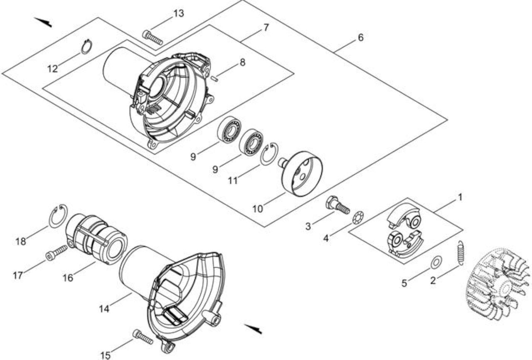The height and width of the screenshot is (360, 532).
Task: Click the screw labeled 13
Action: (153, 38)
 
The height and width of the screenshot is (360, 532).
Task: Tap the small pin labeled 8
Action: (215, 79)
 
